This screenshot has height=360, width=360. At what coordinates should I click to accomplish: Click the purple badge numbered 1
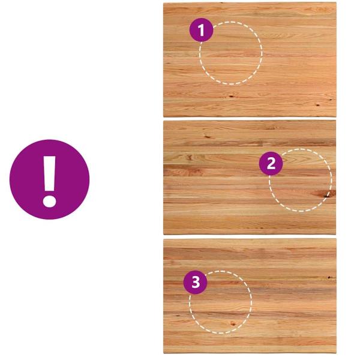[x=202, y=30]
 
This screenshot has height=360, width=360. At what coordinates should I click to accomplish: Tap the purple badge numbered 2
[x=271, y=163]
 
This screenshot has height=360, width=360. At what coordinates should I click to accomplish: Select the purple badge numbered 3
[x=196, y=282]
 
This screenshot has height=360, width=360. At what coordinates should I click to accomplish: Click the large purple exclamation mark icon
[x=49, y=179]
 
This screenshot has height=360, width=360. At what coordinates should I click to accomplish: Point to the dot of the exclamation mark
[x=49, y=202]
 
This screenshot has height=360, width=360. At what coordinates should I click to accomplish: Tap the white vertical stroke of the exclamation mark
[x=49, y=174]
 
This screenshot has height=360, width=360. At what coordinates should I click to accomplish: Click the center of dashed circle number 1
[x=231, y=53]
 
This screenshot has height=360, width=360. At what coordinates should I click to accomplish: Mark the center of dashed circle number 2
[x=301, y=180]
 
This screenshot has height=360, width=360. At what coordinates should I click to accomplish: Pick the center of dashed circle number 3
[x=220, y=302]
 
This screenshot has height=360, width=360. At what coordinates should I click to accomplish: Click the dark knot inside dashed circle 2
[x=324, y=194]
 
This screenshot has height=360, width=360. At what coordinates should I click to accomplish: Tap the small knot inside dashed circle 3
[x=233, y=324]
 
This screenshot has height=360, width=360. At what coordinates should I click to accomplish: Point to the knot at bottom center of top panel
[x=231, y=96]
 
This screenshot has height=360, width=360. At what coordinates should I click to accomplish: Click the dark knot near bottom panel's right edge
[x=329, y=277]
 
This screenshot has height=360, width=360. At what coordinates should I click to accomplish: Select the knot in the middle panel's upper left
[x=208, y=137]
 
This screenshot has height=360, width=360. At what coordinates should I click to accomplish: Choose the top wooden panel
[x=250, y=59]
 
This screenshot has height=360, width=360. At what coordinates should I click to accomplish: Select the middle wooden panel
[x=250, y=178]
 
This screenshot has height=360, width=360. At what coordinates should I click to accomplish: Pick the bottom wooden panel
[x=250, y=296]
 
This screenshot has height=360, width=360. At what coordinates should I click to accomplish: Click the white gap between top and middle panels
[x=250, y=119]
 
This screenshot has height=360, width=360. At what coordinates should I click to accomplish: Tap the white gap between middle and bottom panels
[x=250, y=237]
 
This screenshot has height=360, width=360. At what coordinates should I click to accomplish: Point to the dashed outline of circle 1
[x=262, y=53]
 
